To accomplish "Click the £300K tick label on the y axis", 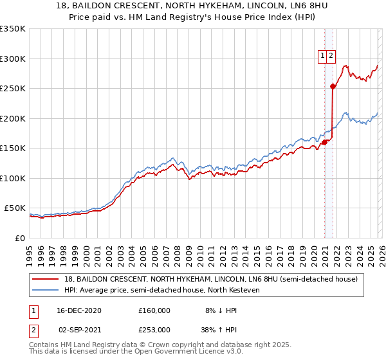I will point(13,59).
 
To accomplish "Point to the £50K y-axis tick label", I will point(15,208).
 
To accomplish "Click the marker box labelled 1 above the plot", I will point(322,56).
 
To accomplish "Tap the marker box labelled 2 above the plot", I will point(331,56).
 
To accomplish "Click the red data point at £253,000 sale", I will point(333,87).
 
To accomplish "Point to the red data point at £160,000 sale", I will point(325,142).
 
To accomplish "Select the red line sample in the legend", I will point(46,280).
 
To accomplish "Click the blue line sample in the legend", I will point(46,291).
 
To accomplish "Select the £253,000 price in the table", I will point(154,329).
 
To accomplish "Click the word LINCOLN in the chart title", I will point(262,8).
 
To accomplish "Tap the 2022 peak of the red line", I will point(345,66).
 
